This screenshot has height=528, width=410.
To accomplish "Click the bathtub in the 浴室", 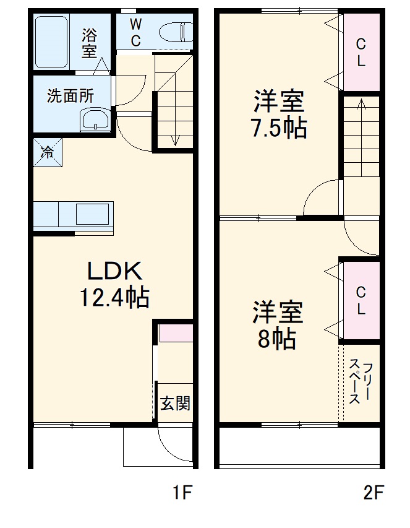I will (x=51, y=41).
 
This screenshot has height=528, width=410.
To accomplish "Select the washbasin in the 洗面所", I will (x=95, y=120).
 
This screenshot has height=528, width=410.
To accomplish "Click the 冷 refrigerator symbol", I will (x=48, y=152).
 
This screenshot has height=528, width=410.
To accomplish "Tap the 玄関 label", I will (x=175, y=404).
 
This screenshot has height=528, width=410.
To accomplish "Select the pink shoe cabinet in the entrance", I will (x=176, y=333).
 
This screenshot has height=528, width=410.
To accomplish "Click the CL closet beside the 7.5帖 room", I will (x=361, y=52).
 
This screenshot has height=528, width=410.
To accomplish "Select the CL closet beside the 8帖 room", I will (x=361, y=300).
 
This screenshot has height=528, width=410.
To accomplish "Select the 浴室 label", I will (x=90, y=42).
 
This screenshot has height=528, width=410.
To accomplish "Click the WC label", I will (x=136, y=32).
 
